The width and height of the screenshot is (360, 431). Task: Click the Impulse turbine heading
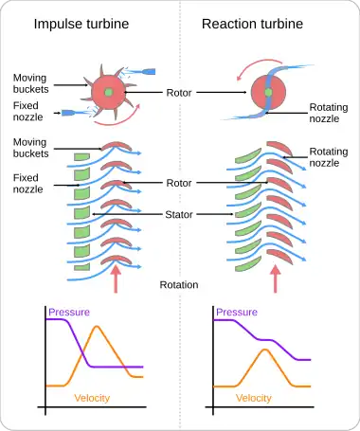[x=81, y=24]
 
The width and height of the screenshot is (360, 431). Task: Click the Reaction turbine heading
[x=252, y=24]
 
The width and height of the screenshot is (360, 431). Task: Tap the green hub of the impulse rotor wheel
[x=108, y=92]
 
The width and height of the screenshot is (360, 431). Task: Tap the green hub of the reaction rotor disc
[x=268, y=92]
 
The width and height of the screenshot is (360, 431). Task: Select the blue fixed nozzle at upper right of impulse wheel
[x=148, y=72]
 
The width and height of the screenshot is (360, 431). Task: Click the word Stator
[x=179, y=215]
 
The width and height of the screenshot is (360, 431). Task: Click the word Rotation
[x=179, y=285]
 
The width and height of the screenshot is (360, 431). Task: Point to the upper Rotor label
[x=179, y=93]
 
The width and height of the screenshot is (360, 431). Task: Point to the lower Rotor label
[x=179, y=183]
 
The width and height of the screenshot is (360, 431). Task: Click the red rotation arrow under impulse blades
[x=116, y=279]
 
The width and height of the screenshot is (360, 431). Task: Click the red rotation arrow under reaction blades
[x=276, y=279]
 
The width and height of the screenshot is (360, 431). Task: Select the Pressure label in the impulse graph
[x=69, y=313]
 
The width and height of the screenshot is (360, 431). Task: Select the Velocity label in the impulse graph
[x=92, y=398]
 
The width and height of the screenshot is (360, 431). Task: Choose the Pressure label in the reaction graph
[x=237, y=313]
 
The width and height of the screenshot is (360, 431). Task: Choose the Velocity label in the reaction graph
[x=254, y=398]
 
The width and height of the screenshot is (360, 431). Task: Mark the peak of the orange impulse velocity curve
[x=97, y=326]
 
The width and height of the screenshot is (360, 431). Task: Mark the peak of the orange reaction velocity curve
[x=265, y=350]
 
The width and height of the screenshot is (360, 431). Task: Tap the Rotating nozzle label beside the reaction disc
[x=329, y=113]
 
